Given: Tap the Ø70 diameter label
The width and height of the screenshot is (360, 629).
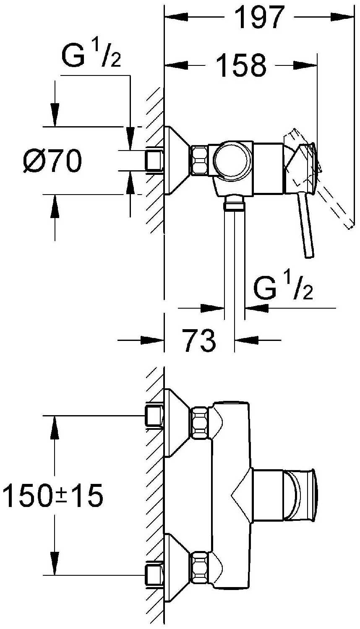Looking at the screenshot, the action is pyautogui.click(x=52, y=161).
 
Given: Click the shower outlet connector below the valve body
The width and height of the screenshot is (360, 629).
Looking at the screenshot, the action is pyautogui.click(x=234, y=203).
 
